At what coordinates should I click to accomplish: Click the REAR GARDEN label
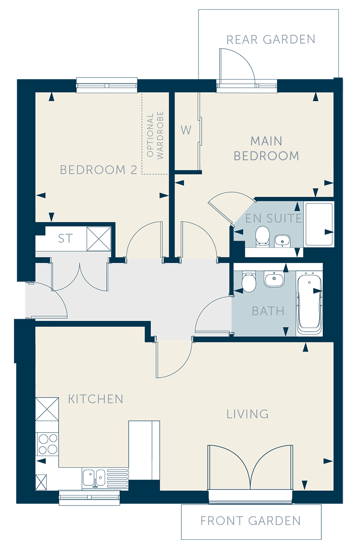(x=271, y=40)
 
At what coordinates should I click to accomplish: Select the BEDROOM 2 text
(x=99, y=170)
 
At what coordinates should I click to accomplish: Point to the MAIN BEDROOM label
(x=266, y=149)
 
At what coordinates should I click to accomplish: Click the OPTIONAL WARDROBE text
(x=155, y=135)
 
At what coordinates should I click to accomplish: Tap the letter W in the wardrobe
(x=186, y=130)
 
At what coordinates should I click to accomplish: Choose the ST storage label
(x=65, y=238)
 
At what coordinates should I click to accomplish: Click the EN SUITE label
(x=273, y=218)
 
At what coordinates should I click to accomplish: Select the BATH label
(x=268, y=311)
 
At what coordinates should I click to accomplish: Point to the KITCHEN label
(x=95, y=399)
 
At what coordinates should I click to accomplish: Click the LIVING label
(x=247, y=414)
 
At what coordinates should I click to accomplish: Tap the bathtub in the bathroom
(x=310, y=303)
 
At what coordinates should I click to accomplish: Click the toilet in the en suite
(x=262, y=236)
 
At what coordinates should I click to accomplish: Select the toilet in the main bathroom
(x=248, y=282)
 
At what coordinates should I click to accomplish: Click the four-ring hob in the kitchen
(x=47, y=444)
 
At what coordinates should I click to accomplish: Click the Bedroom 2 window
(x=107, y=85)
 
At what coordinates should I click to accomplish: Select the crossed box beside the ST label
(x=99, y=239)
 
